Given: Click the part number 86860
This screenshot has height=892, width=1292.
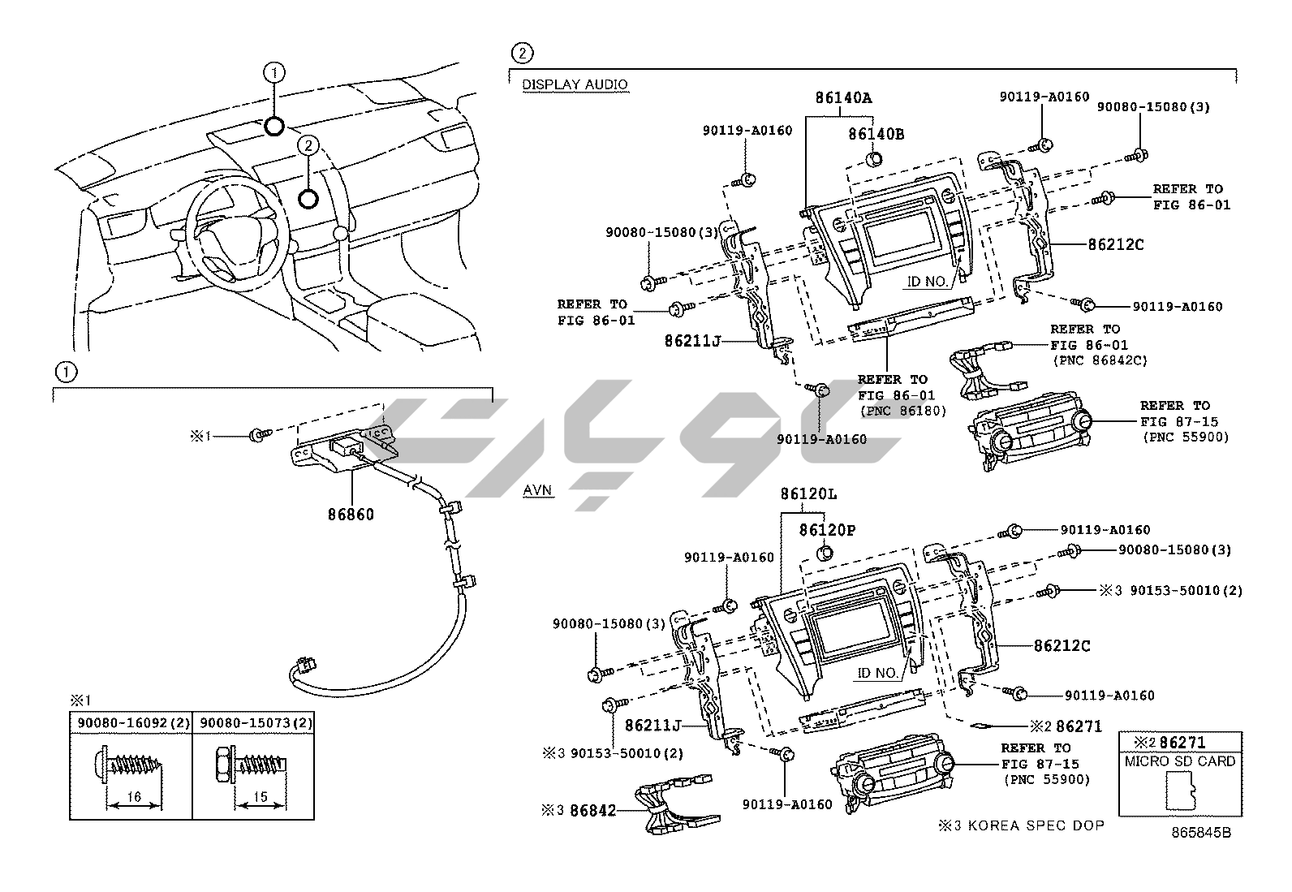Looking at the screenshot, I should coord(351,514).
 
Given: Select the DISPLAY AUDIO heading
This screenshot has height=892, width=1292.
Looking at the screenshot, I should coord(575,84).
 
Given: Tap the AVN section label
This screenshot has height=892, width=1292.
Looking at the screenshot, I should coord(537,490).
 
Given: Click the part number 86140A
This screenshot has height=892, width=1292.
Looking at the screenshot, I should coord(843,98).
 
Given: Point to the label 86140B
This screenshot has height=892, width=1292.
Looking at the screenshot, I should coord(876,134).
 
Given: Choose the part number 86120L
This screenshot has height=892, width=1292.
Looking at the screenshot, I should coord(808,493).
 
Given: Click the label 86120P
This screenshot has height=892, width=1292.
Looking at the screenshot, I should coord(827,530).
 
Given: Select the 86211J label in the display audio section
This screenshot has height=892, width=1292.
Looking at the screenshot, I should coord(693,343).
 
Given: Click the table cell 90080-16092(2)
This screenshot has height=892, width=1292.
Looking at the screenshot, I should coord(130,722).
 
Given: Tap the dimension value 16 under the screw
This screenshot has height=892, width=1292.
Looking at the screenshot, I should coord(135,797).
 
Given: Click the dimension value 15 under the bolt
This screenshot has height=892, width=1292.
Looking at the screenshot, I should coord(260,797).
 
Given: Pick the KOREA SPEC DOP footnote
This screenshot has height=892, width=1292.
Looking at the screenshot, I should coord(1021,825).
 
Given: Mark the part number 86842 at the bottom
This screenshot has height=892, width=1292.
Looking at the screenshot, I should coord(592,809).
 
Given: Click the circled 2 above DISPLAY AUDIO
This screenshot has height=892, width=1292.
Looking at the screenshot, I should coord(521,54).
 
